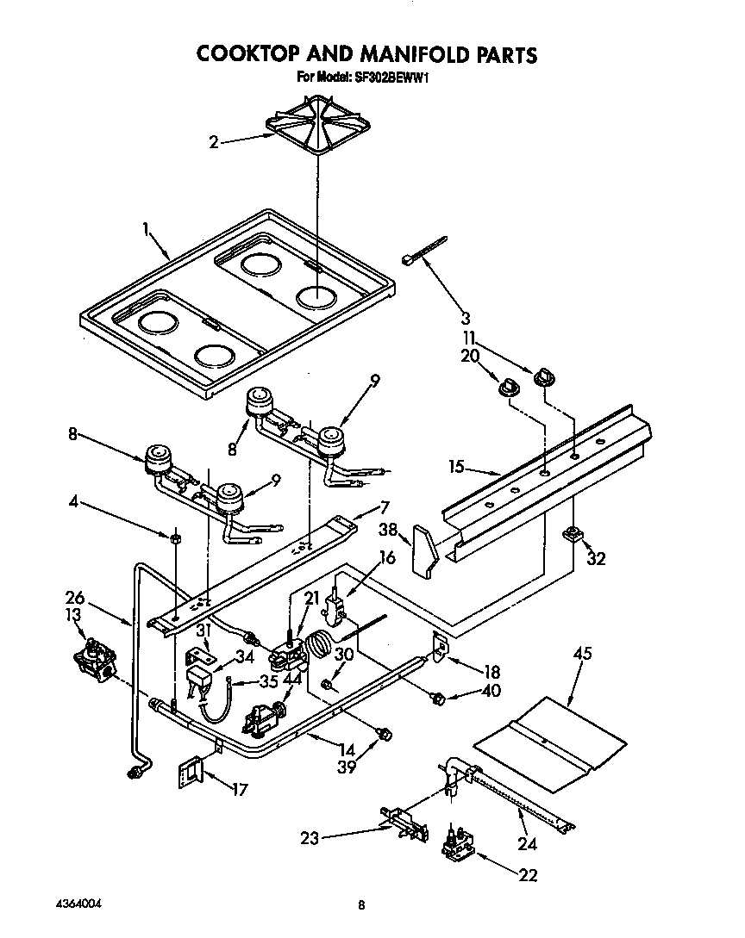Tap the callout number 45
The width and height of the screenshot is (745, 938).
(583, 655)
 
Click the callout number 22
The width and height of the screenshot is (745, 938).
(529, 876)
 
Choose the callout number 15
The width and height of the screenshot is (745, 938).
(457, 468)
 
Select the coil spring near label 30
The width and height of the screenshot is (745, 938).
(321, 643)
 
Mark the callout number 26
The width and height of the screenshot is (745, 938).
(75, 597)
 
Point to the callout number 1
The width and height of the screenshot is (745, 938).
(147, 229)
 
